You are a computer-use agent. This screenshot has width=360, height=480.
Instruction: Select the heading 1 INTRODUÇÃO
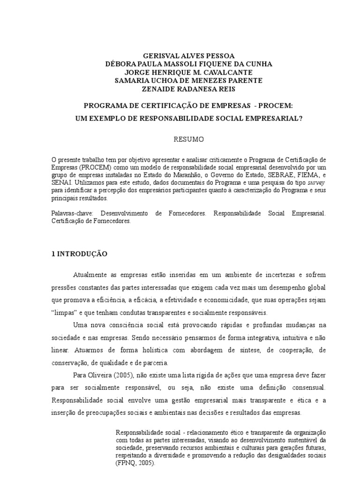[79, 254]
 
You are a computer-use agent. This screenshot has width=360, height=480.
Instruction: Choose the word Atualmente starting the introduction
[92, 275]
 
